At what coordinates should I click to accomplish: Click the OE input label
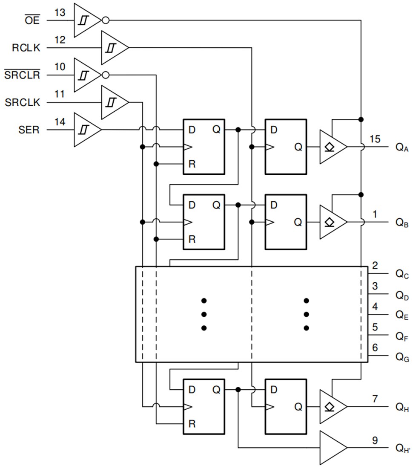[x=32, y=20]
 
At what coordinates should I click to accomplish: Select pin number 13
[x=60, y=13]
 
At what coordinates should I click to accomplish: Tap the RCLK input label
[x=26, y=47]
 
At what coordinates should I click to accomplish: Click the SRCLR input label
[x=22, y=75]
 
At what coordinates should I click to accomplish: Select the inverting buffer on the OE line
[x=87, y=20]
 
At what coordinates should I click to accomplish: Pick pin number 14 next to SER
[x=60, y=122]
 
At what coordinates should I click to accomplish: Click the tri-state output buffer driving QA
[x=332, y=147]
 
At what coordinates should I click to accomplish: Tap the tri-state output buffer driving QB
[x=332, y=222]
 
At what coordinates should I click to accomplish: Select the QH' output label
[x=402, y=448]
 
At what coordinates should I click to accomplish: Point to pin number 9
[x=375, y=440]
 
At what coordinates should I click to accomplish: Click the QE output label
[x=402, y=315]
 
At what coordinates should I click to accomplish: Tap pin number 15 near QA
[x=375, y=139]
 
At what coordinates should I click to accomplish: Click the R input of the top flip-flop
[x=192, y=164]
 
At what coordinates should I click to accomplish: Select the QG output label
[x=402, y=357]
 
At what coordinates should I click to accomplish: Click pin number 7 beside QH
[x=375, y=399]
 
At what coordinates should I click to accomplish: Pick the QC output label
[x=402, y=275]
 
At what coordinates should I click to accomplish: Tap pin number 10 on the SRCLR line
[x=60, y=67]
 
